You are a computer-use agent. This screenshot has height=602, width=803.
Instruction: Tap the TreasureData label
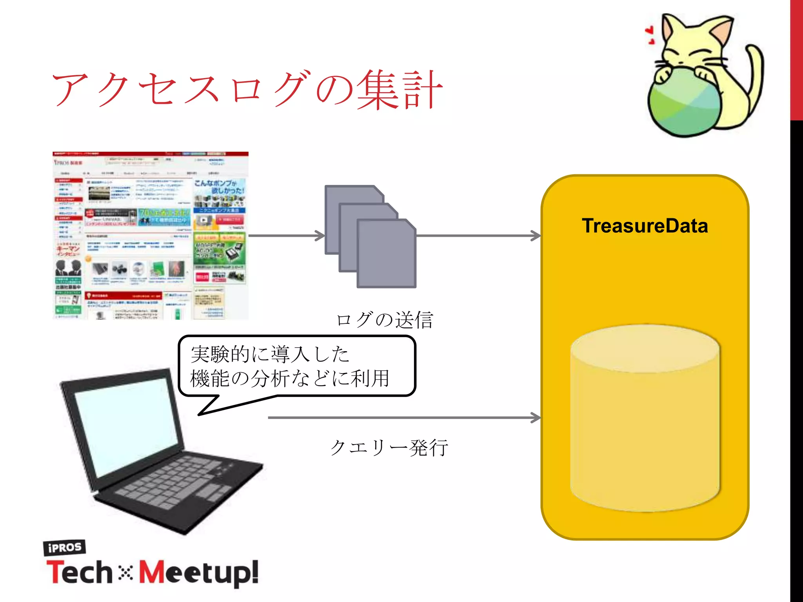tap(645, 226)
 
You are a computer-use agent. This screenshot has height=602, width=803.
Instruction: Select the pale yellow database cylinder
tap(645, 419)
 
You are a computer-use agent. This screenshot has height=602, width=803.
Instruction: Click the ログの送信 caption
tap(384, 320)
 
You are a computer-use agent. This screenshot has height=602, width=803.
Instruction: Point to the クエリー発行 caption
tap(389, 448)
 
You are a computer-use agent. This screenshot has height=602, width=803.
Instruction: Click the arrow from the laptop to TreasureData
tap(404, 418)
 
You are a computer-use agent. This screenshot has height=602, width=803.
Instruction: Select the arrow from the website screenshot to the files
tap(286, 236)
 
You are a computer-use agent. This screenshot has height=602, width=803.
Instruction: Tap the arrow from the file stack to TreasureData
tap(478, 236)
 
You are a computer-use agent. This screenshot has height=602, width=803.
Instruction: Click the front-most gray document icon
tap(386, 255)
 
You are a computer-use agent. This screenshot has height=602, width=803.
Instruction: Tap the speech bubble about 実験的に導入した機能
tap(296, 366)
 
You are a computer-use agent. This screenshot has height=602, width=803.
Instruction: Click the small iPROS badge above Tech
tap(64, 548)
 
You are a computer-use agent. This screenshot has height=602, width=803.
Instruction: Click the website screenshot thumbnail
tap(151, 236)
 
